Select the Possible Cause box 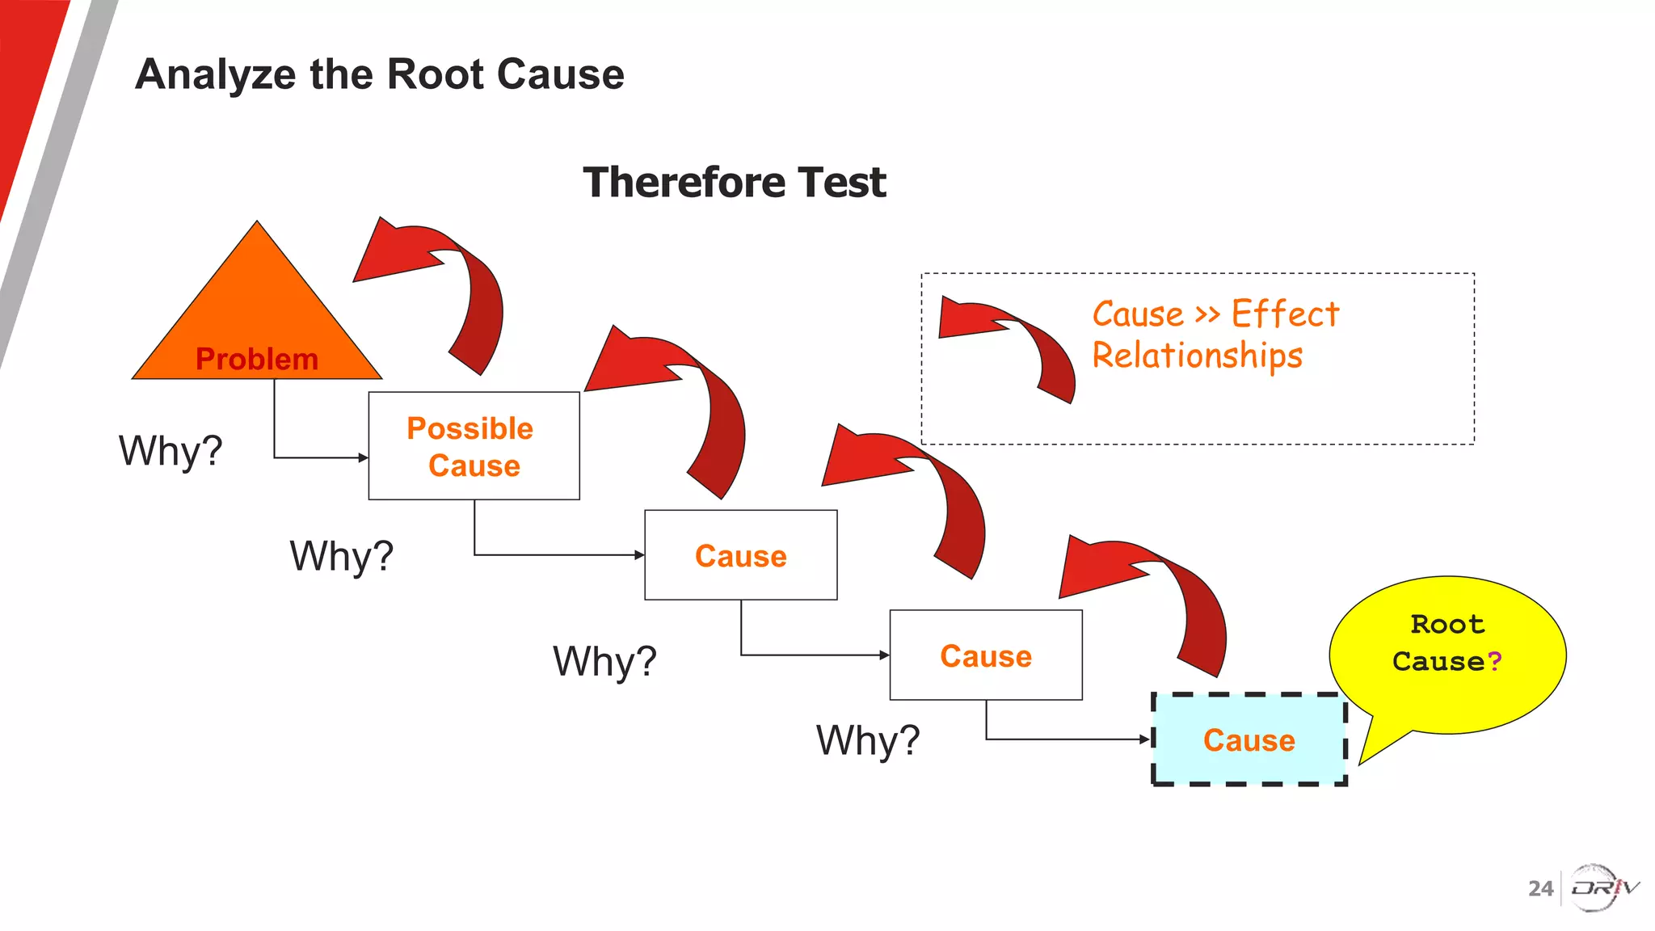[474, 446]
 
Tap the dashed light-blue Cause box [1249, 739]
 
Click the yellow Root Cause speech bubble [1447, 647]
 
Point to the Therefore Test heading [734, 182]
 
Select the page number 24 [1540, 888]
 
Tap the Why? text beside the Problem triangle [171, 451]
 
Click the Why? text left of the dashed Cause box [867, 740]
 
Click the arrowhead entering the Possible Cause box [363, 457]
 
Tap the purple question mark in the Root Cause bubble [1494, 661]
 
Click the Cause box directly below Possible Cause [740, 555]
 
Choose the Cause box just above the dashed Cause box [985, 655]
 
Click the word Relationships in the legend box [1197, 356]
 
